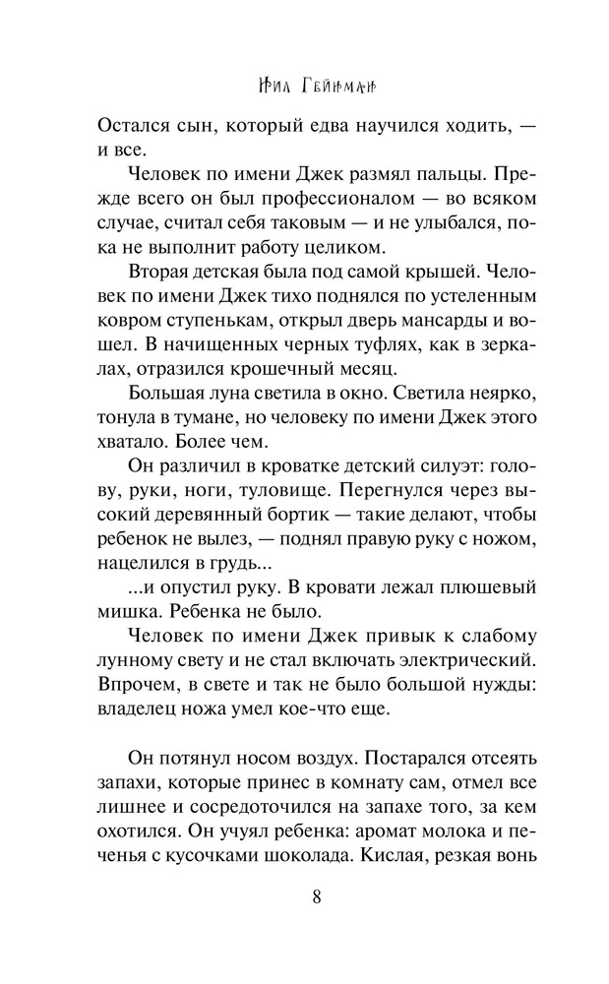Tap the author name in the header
(317, 87)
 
